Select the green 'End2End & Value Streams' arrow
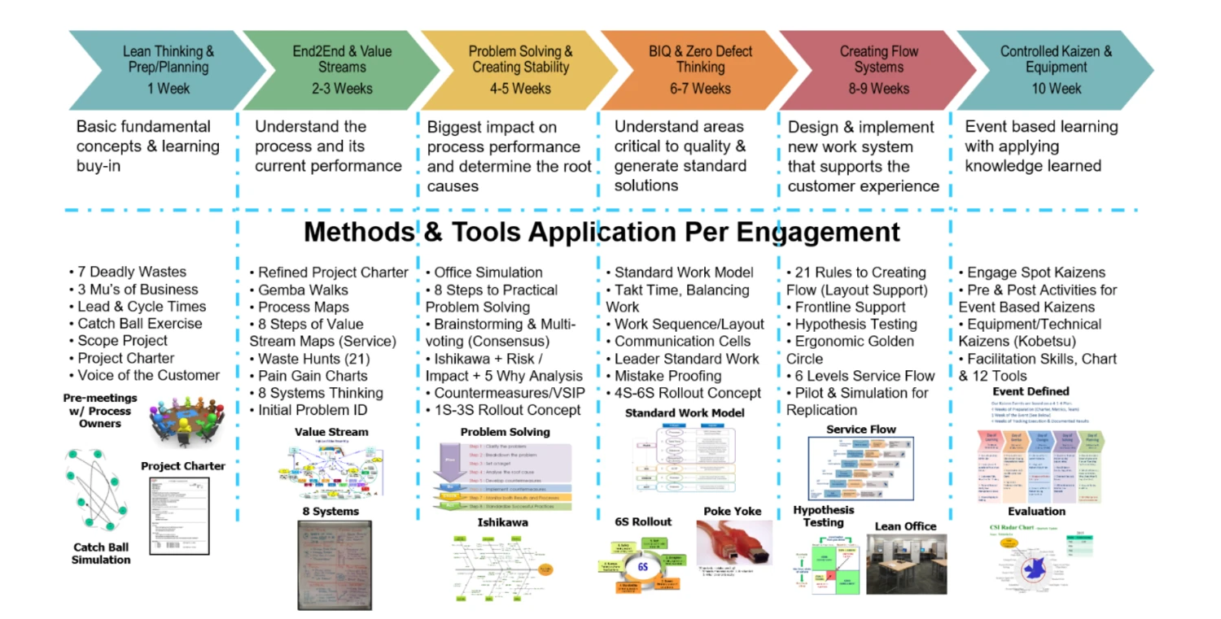[342, 70]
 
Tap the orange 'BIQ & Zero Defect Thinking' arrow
[700, 70]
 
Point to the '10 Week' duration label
[1057, 89]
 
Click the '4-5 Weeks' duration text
[520, 89]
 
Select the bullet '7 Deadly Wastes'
[131, 272]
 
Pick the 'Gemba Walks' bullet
[303, 290]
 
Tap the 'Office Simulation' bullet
[488, 272]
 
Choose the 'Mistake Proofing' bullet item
[667, 376]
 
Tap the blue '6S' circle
[642, 566]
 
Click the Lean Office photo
[906, 564]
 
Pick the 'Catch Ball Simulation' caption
[101, 553]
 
